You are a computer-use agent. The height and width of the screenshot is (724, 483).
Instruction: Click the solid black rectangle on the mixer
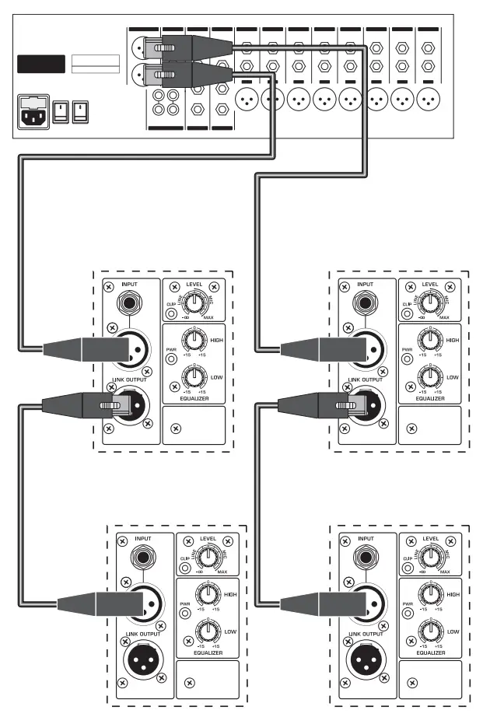tap(41, 64)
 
